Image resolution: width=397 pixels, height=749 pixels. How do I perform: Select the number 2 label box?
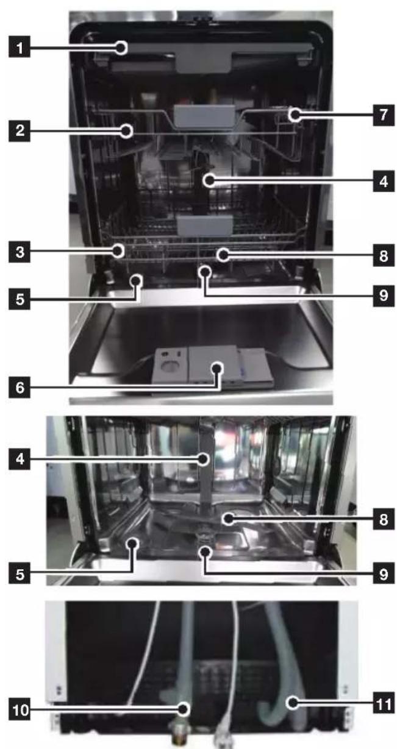(20, 130)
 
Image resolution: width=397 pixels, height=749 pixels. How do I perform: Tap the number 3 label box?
(20, 252)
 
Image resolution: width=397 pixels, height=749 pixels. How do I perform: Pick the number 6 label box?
(20, 387)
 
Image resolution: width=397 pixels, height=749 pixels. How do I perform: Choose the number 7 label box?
(384, 115)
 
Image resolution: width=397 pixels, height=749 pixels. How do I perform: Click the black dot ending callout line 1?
(122, 48)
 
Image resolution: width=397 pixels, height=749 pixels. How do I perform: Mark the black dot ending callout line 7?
(295, 115)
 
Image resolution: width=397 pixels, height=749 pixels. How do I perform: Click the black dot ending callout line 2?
(126, 131)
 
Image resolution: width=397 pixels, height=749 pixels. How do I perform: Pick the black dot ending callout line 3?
(118, 250)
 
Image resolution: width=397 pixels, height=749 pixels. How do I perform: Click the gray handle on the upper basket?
(204, 116)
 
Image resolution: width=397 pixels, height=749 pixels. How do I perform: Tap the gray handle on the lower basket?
(205, 225)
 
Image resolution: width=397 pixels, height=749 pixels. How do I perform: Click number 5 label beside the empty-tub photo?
(20, 574)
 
